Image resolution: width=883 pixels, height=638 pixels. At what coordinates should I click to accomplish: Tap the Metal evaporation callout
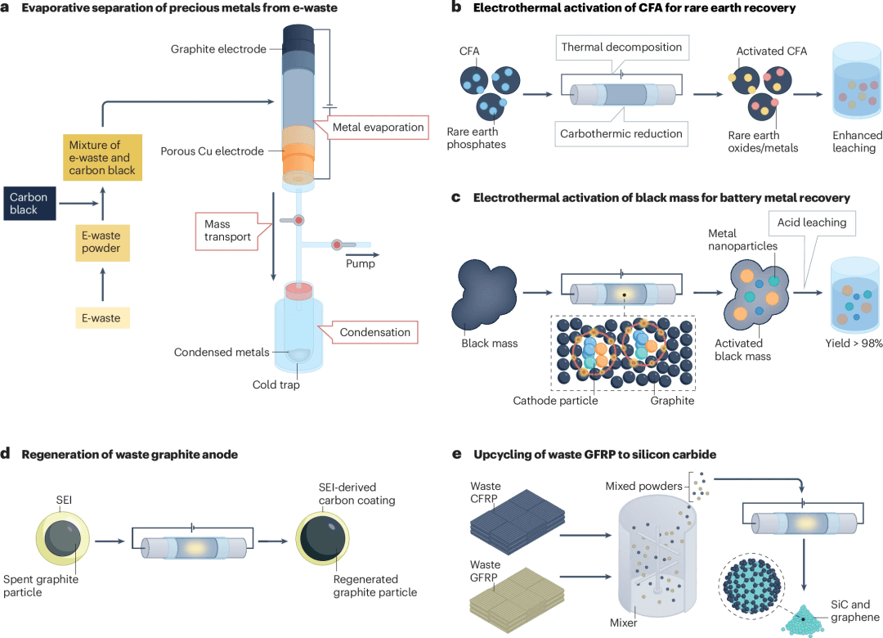(378, 128)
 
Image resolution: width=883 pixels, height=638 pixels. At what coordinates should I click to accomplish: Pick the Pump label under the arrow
(361, 264)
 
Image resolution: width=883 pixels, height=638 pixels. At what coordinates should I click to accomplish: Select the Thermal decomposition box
(621, 47)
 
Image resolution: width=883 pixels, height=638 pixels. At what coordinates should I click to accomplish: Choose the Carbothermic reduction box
(621, 134)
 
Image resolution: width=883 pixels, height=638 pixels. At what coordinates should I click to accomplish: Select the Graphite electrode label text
(218, 49)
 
